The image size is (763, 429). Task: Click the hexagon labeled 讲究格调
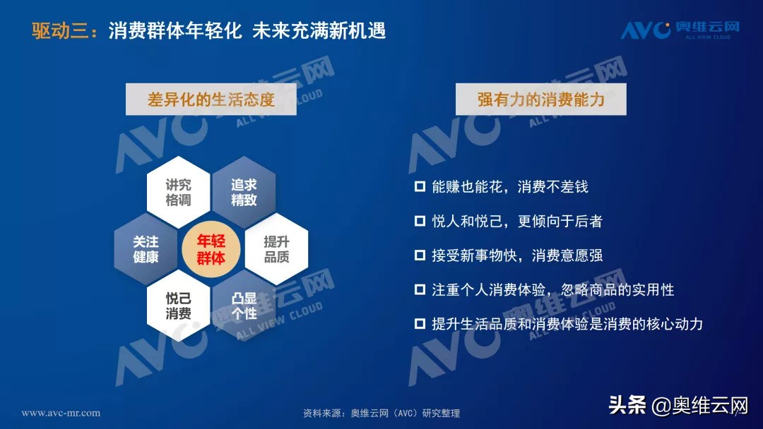(178, 192)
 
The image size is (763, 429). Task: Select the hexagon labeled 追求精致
(244, 192)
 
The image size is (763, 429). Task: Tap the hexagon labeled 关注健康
(146, 249)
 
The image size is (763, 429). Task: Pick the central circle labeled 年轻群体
(211, 249)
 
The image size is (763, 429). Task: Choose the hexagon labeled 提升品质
(276, 249)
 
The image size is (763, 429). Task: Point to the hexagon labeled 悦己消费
(178, 306)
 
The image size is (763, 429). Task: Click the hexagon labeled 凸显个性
(244, 306)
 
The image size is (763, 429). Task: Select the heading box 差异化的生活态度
(211, 99)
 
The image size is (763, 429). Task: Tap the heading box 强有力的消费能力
(540, 99)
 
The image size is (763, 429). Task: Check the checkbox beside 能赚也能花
(420, 187)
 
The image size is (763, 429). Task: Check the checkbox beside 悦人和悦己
(420, 222)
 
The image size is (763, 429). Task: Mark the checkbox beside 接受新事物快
(420, 255)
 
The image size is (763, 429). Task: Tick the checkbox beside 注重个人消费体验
(420, 290)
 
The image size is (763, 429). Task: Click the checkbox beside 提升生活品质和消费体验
(420, 324)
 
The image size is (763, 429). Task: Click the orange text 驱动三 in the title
(62, 31)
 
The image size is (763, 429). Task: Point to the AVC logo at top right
(680, 30)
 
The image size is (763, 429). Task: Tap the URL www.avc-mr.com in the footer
(61, 413)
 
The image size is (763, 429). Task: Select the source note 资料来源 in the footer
(381, 413)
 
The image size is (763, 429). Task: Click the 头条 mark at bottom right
(627, 405)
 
